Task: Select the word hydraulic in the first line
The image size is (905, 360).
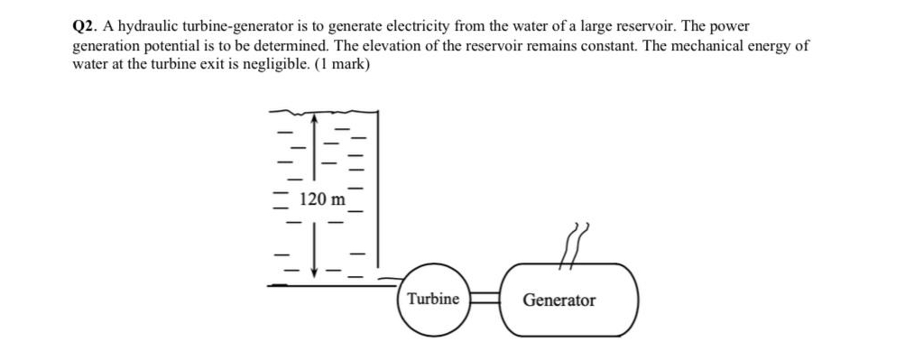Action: point(146,27)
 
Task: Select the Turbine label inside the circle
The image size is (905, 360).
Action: point(432,300)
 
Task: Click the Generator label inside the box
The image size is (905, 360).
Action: point(559,300)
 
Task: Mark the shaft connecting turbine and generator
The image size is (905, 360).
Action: point(485,300)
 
